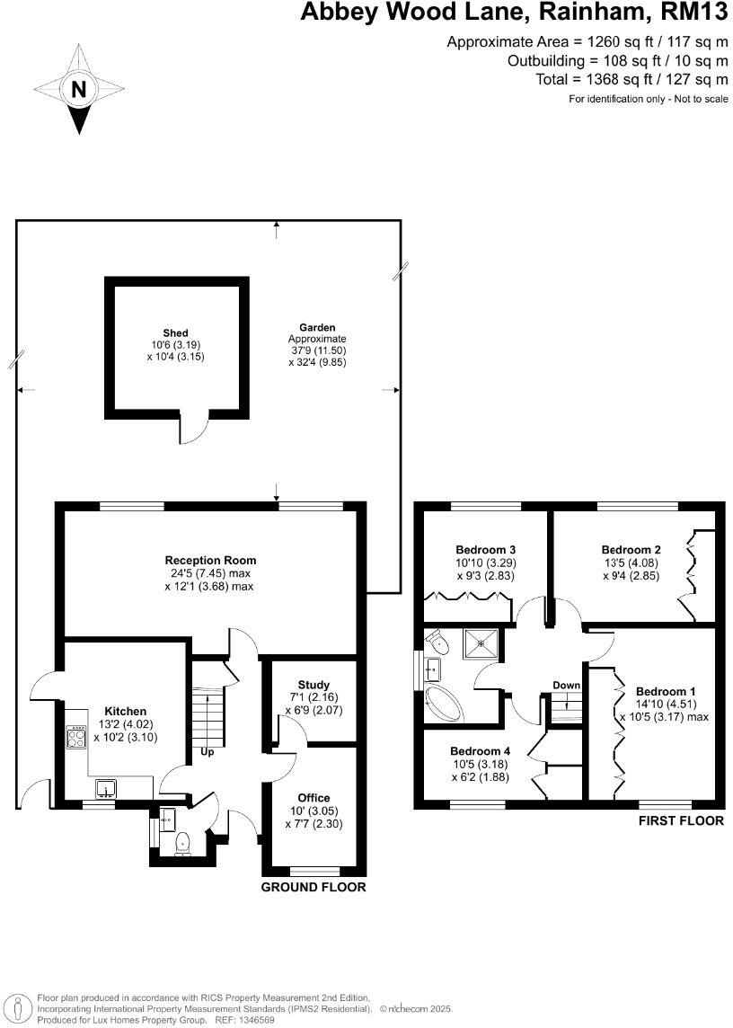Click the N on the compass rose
click(79, 90)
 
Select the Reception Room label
click(210, 561)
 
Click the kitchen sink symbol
click(107, 790)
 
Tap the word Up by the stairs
click(207, 752)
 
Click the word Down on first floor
click(566, 686)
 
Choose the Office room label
click(314, 798)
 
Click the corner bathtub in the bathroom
click(442, 702)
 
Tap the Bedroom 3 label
click(485, 550)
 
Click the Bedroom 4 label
click(480, 751)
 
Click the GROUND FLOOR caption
click(314, 887)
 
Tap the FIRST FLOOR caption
click(680, 820)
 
